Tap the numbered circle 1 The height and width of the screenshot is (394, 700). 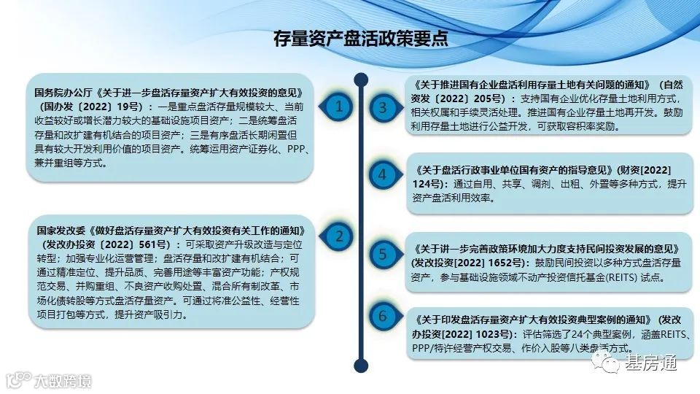tap(338, 107)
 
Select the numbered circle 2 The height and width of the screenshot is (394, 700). tap(338, 236)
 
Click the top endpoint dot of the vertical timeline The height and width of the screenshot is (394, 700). tap(360, 78)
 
